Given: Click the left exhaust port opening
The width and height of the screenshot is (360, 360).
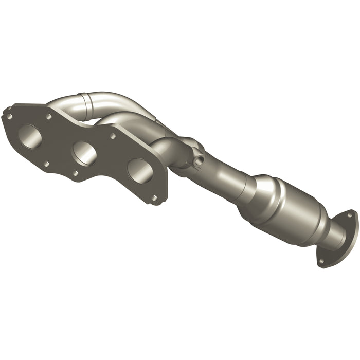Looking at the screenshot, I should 30,136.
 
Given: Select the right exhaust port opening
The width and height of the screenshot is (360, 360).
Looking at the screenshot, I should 139,170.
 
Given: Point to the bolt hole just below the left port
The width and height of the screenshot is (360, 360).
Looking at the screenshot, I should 46,164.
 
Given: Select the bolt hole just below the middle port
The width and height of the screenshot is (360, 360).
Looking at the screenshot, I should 75,173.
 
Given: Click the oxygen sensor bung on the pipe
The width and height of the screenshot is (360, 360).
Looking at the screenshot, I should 198,158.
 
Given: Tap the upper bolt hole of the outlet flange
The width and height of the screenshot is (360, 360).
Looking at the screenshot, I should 350,216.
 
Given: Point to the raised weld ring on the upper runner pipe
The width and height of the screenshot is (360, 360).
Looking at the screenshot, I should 82,100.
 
